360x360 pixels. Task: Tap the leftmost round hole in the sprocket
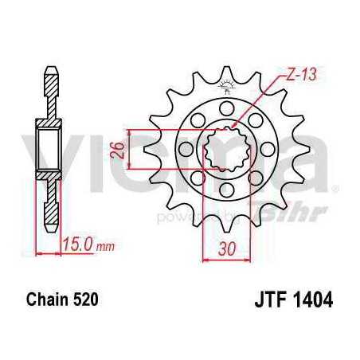click(x=186, y=148)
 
